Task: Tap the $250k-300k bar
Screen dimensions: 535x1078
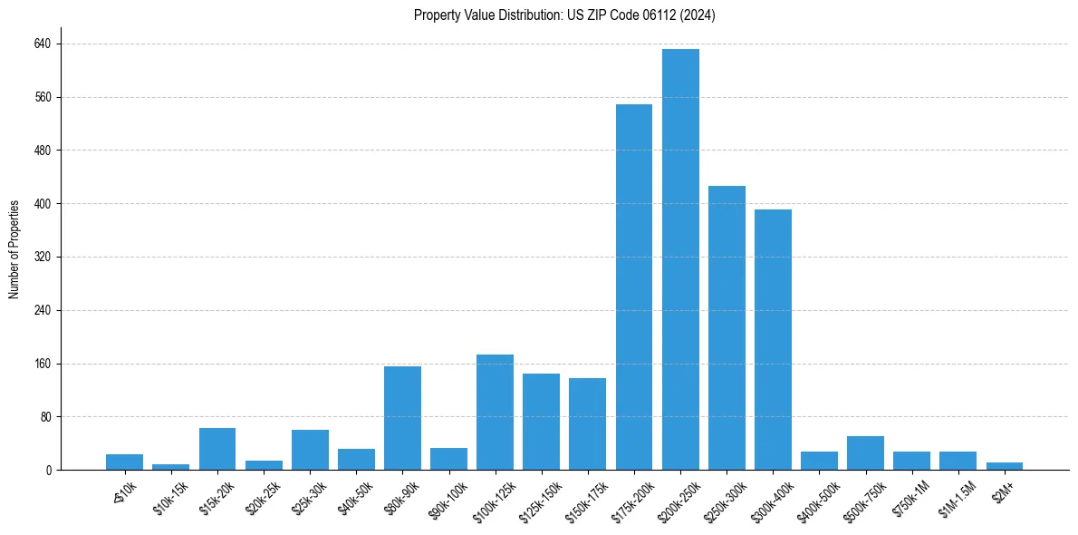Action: (727, 327)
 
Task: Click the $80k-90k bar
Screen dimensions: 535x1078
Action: (402, 418)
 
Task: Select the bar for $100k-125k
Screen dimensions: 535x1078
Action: (495, 412)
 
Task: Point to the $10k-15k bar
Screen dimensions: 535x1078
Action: (170, 467)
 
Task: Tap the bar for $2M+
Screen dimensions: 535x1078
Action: (1005, 466)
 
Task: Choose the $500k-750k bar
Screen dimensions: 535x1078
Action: (865, 452)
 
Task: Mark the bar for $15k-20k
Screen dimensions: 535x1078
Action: (217, 449)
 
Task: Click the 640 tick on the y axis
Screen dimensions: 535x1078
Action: (43, 44)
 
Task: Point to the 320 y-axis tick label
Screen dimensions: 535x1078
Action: (43, 257)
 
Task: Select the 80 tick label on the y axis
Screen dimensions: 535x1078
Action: (45, 417)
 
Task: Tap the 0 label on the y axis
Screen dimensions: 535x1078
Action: (48, 470)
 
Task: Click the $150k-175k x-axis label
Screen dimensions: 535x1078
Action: (584, 495)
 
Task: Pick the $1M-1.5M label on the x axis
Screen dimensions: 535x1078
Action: (957, 495)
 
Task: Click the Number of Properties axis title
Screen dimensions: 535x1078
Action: (14, 248)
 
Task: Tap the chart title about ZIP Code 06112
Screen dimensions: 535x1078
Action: (564, 15)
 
